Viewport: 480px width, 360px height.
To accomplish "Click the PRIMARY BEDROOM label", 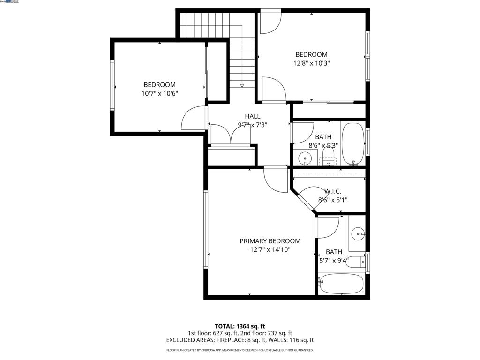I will pos(270,241).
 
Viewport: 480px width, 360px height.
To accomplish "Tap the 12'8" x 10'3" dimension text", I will pos(312,63).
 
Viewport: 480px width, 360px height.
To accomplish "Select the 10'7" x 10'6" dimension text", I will pos(159,93).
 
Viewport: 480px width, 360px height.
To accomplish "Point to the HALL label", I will pos(252,116).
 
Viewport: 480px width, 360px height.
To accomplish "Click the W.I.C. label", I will pos(333,191).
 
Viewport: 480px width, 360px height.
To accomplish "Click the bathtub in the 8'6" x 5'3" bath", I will pos(353,143).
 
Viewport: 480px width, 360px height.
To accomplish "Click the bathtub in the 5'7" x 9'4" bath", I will pos(341,283).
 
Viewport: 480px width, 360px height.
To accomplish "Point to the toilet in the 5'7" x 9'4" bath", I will pos(354,262).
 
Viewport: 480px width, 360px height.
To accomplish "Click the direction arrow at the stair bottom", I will pos(242,86).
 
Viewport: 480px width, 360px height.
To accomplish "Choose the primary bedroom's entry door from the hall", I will pos(276,178).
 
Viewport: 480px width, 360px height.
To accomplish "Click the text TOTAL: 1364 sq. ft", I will pos(240,326).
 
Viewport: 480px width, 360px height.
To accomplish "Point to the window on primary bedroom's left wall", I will pos(205,229).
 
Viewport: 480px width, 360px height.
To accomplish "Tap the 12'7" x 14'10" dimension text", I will pos(270,250).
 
